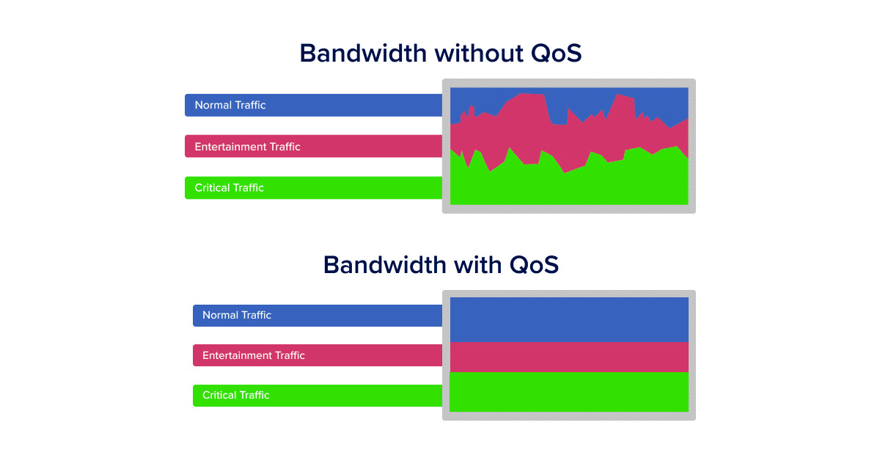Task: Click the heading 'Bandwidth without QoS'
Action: (x=440, y=54)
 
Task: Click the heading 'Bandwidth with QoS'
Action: (x=440, y=264)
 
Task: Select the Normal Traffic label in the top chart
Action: (x=230, y=105)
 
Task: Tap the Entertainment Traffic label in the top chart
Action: (x=247, y=146)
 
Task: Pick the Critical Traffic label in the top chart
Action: (x=229, y=188)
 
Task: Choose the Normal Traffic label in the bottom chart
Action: (x=237, y=315)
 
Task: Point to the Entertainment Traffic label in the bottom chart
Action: (x=254, y=355)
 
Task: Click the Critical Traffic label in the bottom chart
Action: (x=236, y=395)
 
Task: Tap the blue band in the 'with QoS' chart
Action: (x=569, y=319)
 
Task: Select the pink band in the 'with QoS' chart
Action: (x=569, y=357)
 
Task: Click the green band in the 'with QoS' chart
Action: (x=569, y=392)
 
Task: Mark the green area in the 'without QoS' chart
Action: (x=569, y=187)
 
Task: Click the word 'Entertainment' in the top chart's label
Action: (x=230, y=146)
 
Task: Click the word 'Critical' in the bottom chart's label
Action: (x=219, y=395)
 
